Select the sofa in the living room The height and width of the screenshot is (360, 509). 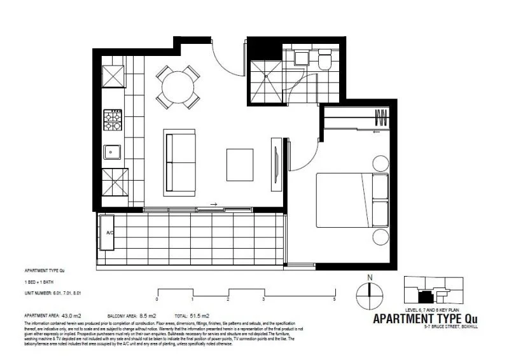click(x=180, y=162)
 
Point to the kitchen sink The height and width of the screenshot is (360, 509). click(x=112, y=152)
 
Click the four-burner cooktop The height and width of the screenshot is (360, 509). click(x=113, y=120)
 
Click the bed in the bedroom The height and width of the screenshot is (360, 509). click(x=352, y=200)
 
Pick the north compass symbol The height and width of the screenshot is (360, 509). click(x=368, y=293)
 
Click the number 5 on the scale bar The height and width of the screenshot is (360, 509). click(x=334, y=298)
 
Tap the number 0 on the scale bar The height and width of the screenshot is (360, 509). click(x=157, y=298)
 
